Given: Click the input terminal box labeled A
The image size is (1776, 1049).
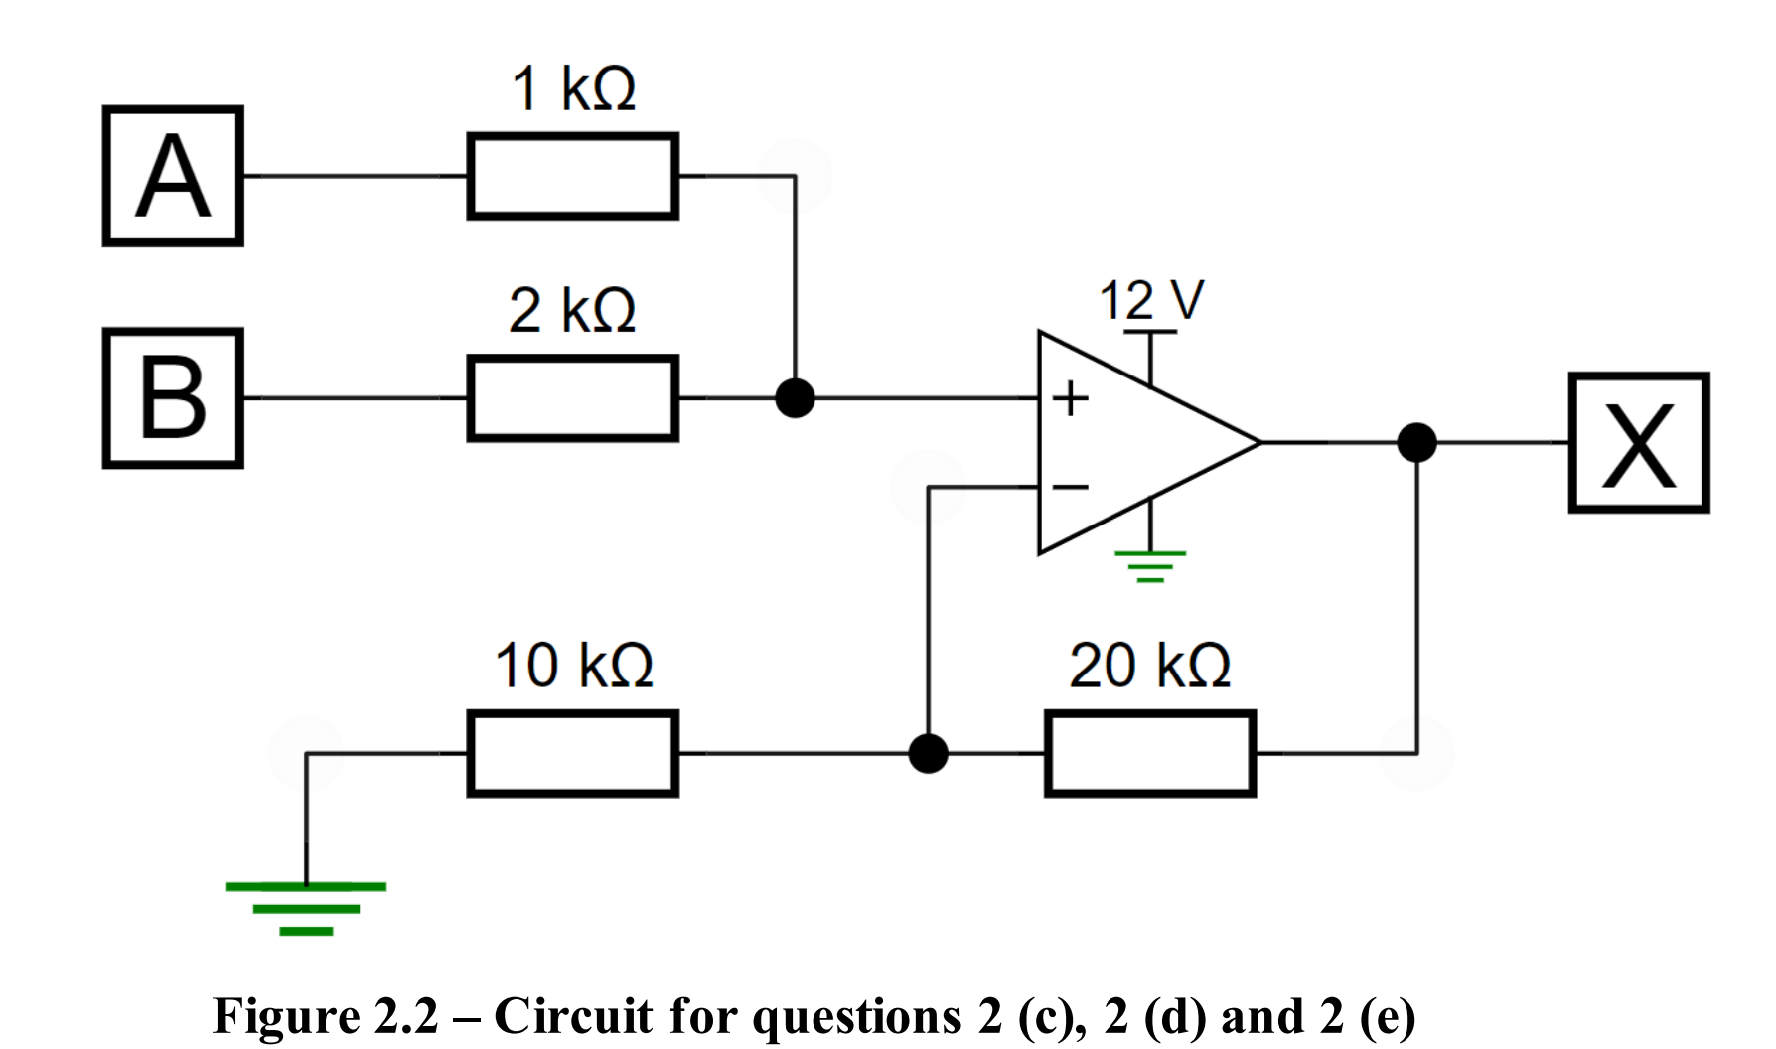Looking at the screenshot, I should pos(173,176).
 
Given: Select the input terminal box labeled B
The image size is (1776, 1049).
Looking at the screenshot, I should pos(173,397).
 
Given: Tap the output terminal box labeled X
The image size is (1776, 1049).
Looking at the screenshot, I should pos(1639,442).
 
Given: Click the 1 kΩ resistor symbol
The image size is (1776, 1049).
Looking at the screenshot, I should pos(572,176).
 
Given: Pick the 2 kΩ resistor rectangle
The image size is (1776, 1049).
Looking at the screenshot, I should pos(572,397).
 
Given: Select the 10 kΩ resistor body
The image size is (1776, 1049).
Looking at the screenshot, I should pos(572,753).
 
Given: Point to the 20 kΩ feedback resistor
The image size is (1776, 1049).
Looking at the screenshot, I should pos(1150,753).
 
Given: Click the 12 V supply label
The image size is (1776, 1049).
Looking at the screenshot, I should pos(1150,300).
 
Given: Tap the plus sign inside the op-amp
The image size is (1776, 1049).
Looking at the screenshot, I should pos(1071,398).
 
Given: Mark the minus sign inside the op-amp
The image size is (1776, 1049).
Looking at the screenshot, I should pos(1071,487).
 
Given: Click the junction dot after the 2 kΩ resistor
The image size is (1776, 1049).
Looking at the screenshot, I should pos(795,397).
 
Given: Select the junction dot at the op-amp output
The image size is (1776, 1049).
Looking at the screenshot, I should pos(1416,442).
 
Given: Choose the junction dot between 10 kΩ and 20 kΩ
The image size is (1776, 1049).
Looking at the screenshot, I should pos(928,753).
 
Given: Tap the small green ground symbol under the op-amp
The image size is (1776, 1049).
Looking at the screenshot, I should pos(1150,565).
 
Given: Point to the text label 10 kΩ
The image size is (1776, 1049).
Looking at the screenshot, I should pos(574,665).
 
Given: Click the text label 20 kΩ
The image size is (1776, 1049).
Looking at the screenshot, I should pos(1150,665).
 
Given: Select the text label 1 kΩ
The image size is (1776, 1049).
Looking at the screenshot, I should pos(573,88).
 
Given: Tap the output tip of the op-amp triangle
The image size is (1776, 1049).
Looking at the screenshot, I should pos(1259,442).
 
